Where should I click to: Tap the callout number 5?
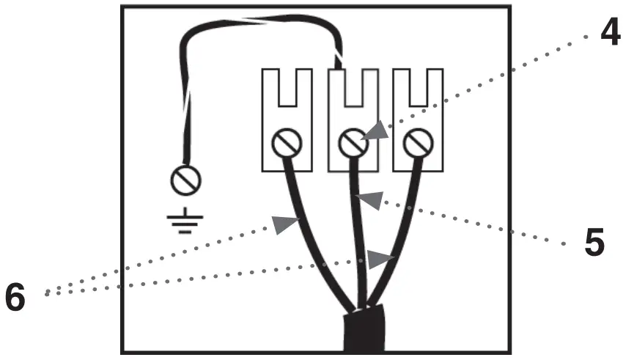pyautogui.click(x=594, y=242)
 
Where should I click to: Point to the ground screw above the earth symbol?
pyautogui.click(x=185, y=178)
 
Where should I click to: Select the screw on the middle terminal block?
pyautogui.click(x=353, y=142)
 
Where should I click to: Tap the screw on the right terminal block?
pyautogui.click(x=419, y=142)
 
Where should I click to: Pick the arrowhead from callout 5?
pyautogui.click(x=370, y=198)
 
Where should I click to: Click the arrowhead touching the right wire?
pyautogui.click(x=380, y=260)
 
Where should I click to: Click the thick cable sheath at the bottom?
pyautogui.click(x=364, y=334)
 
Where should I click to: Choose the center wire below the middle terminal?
pyautogui.click(x=359, y=235)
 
